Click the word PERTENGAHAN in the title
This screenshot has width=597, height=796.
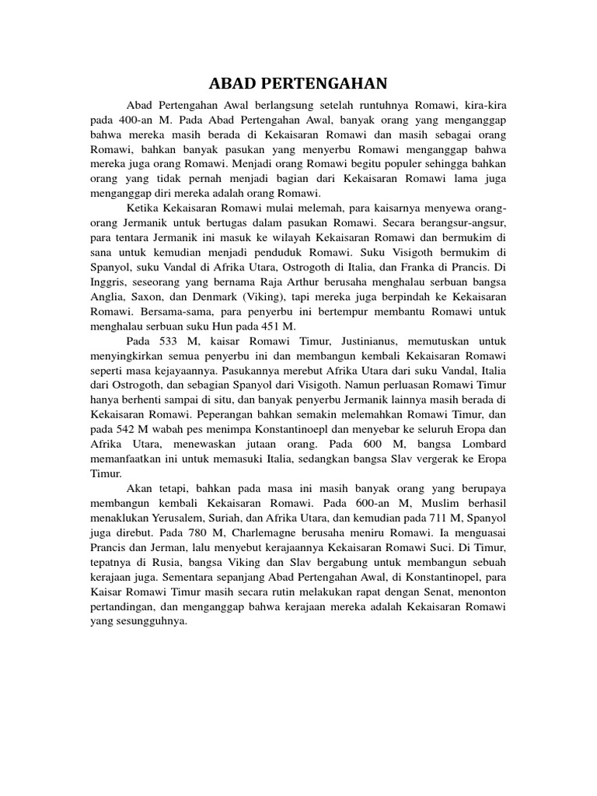pos(327,84)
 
